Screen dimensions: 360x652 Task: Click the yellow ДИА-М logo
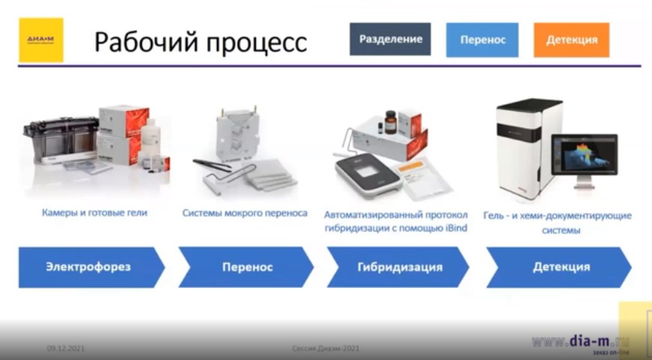coord(41,40)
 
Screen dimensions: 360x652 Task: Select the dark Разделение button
coord(390,39)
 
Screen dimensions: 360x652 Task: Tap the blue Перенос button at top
coord(482,40)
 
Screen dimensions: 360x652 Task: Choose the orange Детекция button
coord(571,40)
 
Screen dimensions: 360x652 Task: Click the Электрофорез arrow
coord(89,267)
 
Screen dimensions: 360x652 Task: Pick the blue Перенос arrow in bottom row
coord(245,267)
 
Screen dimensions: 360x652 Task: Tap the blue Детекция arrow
coord(559,267)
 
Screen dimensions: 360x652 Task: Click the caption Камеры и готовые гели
coord(95,213)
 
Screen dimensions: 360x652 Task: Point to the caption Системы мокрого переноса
coord(245,213)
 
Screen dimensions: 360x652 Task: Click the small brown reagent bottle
coord(391,121)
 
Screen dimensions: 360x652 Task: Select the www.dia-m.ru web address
coord(581,341)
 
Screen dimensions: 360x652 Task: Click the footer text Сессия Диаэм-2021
coord(326,349)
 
